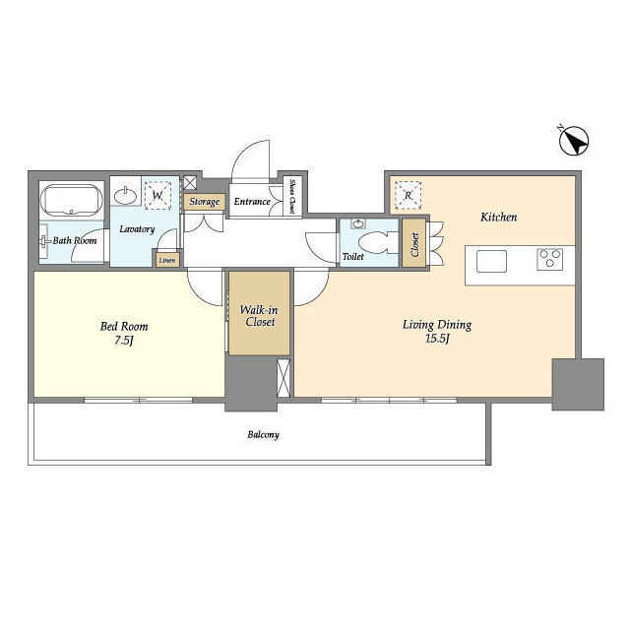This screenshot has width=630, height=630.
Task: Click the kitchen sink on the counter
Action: (492, 260)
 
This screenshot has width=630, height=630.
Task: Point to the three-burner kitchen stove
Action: (550, 259)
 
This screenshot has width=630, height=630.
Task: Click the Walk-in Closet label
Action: (259, 316)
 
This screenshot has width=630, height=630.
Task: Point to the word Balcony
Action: (263, 434)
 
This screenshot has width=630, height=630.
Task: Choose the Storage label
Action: (204, 202)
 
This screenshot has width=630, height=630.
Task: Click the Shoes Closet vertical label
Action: (292, 196)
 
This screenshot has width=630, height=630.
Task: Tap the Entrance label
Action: (252, 202)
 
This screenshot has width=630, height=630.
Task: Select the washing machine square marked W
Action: (157, 193)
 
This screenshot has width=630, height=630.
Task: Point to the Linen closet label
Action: (166, 260)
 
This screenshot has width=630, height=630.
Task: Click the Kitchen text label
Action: (498, 217)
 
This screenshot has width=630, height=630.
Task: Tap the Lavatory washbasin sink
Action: (126, 193)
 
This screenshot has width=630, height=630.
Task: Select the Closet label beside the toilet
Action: (413, 243)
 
